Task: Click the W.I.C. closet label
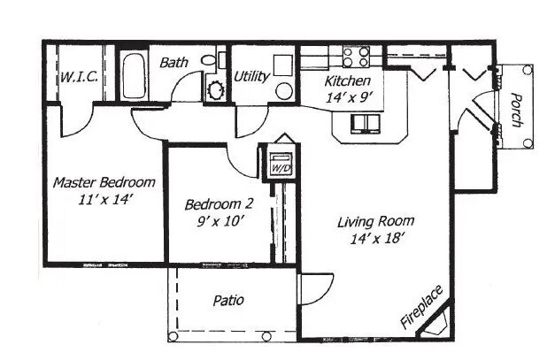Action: (80, 77)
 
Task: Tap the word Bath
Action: (172, 63)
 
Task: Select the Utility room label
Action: (252, 77)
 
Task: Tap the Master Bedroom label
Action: (104, 183)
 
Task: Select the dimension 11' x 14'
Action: (104, 200)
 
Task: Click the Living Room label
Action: (375, 221)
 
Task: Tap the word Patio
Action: (228, 301)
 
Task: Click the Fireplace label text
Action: (420, 307)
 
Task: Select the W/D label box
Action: (281, 165)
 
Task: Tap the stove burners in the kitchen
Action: (356, 58)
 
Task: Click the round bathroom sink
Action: (214, 88)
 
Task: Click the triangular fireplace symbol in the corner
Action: (438, 323)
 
